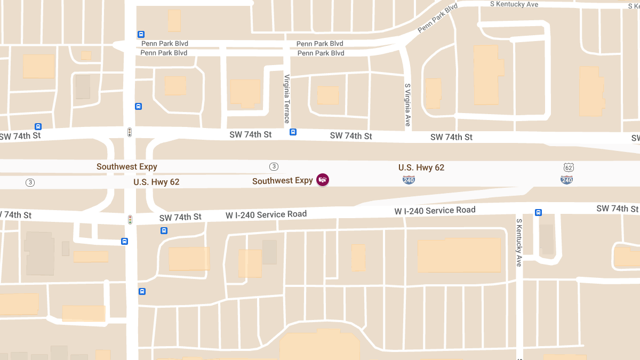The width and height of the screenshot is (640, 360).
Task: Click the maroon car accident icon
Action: (x=323, y=180)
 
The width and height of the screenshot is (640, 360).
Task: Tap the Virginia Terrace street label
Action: (x=287, y=99)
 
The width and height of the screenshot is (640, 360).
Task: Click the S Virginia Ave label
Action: (x=408, y=105)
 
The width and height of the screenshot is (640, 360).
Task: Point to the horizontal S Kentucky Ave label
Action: (x=515, y=4)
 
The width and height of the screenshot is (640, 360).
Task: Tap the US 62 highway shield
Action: (x=569, y=168)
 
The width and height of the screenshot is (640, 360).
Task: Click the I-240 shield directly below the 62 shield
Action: (x=566, y=180)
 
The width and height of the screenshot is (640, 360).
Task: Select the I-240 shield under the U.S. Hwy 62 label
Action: (x=409, y=180)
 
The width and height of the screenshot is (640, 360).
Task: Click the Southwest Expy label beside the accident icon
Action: (x=282, y=181)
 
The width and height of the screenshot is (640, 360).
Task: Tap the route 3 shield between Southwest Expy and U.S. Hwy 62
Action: (x=274, y=166)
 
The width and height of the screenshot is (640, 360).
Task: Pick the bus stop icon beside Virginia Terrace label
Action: (x=293, y=132)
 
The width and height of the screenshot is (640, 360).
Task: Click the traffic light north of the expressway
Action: (x=129, y=132)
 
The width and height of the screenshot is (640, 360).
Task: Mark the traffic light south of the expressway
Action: (x=130, y=219)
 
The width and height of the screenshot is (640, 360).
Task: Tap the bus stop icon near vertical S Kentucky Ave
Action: (x=538, y=212)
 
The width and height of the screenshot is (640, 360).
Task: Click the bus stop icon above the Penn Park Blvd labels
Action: (x=141, y=34)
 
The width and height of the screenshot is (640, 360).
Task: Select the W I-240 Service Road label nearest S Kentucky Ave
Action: (x=435, y=211)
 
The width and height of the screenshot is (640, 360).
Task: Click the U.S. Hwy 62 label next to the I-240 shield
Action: (x=421, y=167)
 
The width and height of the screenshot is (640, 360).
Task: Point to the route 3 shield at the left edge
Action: (x=30, y=182)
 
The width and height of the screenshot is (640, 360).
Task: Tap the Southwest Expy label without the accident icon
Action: (x=126, y=167)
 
